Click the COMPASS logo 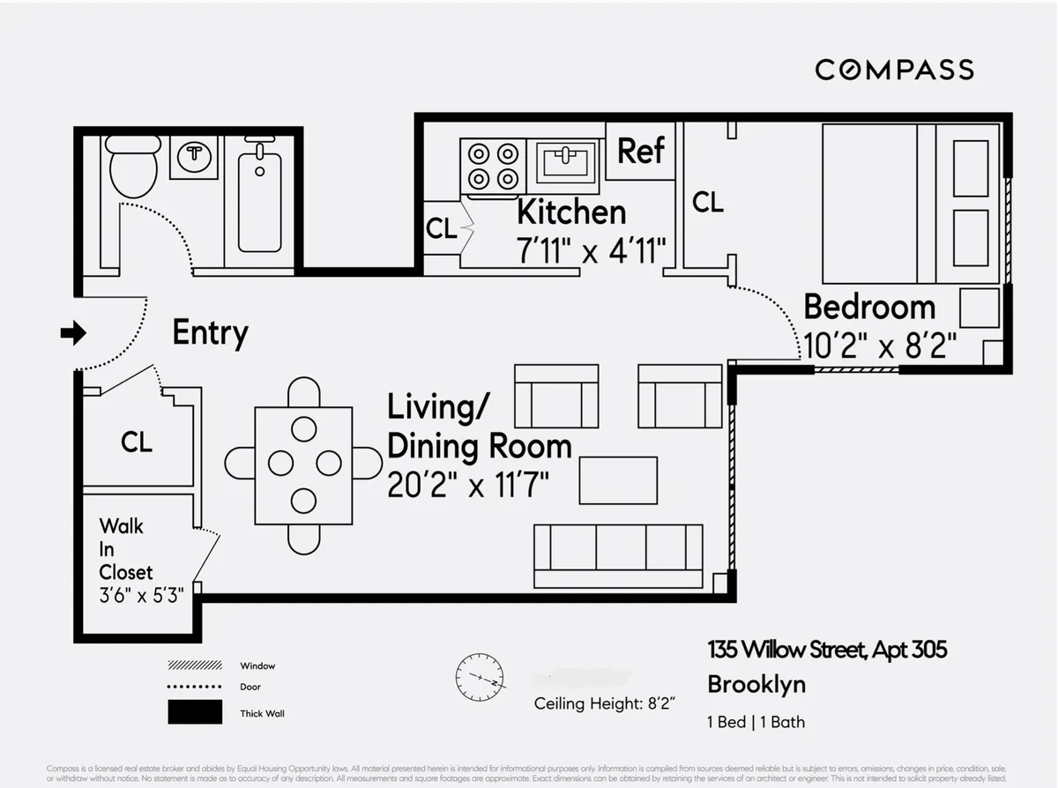[x=894, y=70]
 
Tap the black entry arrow [x=73, y=332]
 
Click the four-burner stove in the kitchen [x=493, y=166]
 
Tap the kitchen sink [x=565, y=163]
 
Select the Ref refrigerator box [x=640, y=151]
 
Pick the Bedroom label [x=869, y=307]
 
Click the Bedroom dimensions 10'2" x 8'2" [x=880, y=346]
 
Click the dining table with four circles [x=303, y=465]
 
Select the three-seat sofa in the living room [x=618, y=555]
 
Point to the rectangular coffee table [x=618, y=480]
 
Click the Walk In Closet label [x=126, y=548]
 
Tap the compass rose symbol [x=480, y=678]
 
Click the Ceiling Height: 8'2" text [x=604, y=703]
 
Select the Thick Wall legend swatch [x=194, y=712]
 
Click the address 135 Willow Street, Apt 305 [x=827, y=650]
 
